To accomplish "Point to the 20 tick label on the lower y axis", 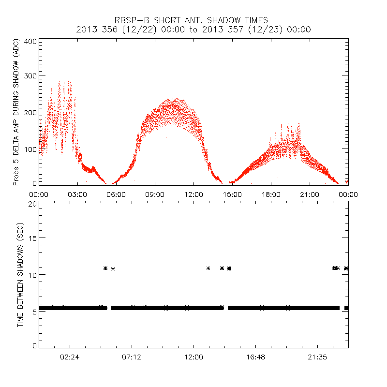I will point(33,204).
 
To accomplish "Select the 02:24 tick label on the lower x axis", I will point(70,357).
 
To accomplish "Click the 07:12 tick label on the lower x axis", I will point(132,357).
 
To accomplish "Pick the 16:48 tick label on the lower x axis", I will point(255,357).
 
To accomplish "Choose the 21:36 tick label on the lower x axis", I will point(317,357).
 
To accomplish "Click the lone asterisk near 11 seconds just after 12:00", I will point(208,268).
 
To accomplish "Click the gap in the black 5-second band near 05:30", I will point(109,308).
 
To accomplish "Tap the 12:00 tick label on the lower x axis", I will point(193,357).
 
